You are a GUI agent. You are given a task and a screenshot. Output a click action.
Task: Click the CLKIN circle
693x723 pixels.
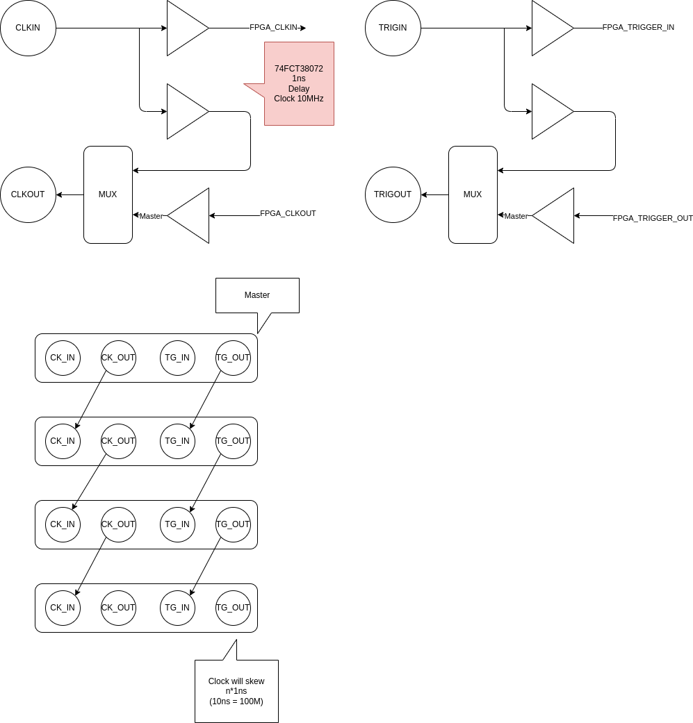[x=28, y=28]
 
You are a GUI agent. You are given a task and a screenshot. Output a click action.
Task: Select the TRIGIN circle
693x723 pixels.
[x=393, y=28]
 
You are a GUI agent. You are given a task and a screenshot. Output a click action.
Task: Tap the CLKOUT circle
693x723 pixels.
[x=28, y=194]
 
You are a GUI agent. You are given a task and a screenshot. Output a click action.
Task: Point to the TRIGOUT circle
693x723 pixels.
[x=393, y=194]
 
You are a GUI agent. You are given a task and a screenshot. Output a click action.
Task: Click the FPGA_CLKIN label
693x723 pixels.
[x=273, y=28]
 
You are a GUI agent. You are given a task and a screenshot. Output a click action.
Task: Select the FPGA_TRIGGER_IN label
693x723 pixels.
[x=638, y=28]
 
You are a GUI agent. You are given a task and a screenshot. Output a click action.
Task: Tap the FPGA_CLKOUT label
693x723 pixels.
[x=288, y=214]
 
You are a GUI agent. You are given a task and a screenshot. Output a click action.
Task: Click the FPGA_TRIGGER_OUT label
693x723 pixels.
[x=653, y=218]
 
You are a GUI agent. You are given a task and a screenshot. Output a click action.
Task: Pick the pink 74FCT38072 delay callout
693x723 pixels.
[x=299, y=83]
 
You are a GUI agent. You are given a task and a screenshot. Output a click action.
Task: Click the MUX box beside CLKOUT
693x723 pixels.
[x=108, y=194]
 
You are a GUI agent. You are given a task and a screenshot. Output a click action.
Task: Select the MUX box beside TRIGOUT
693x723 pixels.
[x=473, y=194]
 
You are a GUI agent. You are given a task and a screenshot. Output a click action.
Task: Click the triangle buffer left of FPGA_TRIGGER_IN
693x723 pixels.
[x=550, y=28]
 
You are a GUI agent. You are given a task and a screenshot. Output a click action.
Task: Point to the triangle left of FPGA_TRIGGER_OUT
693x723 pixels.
[x=556, y=215]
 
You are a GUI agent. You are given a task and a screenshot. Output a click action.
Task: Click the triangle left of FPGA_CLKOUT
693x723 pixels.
[x=191, y=215]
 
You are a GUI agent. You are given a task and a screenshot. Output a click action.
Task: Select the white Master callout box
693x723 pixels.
[x=257, y=295]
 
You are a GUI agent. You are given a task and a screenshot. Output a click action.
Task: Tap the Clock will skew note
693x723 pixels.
[x=236, y=691]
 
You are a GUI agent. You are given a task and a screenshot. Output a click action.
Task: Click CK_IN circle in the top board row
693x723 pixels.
[x=63, y=358]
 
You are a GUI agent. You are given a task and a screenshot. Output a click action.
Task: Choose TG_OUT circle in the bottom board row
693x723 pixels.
[x=233, y=608]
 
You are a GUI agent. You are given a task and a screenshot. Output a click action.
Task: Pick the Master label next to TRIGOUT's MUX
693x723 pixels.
[x=516, y=216]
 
